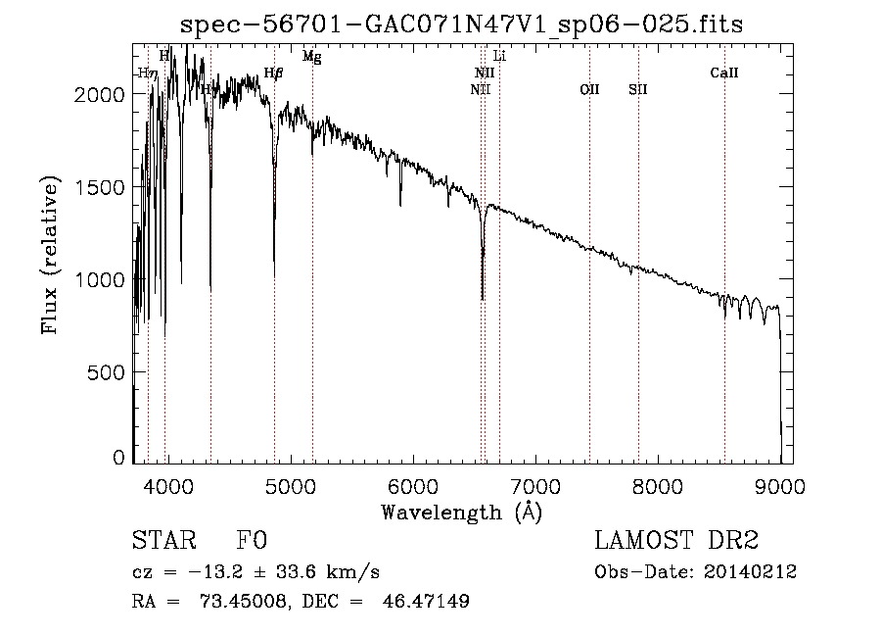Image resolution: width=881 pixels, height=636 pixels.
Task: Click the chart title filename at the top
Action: (463, 25)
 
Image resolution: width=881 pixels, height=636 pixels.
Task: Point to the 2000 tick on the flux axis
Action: (103, 94)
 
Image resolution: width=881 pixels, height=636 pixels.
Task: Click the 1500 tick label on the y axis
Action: (103, 187)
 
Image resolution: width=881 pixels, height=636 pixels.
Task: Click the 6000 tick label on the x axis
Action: (413, 485)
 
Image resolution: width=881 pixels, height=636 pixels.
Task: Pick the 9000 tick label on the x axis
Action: (780, 485)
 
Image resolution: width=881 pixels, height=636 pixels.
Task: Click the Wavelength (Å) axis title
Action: (461, 512)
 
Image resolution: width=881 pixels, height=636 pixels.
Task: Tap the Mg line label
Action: (311, 57)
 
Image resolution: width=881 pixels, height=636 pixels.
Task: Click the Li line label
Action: (499, 56)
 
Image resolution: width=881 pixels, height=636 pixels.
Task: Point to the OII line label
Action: (589, 89)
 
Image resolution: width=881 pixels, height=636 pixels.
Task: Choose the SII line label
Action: (638, 89)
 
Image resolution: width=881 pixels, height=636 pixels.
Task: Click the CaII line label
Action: (724, 73)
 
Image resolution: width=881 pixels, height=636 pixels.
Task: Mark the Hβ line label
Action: (274, 73)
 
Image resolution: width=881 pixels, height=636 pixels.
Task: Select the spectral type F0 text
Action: (252, 541)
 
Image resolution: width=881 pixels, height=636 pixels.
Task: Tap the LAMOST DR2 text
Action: (676, 541)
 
